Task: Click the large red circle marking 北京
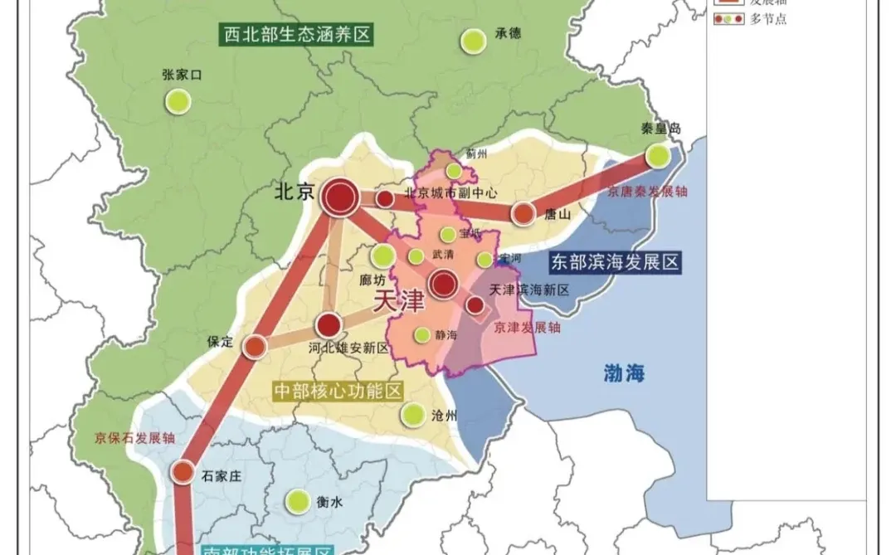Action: tap(339, 198)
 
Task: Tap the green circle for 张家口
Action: tap(178, 101)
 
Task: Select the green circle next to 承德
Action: tap(474, 41)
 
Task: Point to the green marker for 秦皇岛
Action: tap(659, 154)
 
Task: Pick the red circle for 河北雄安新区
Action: tap(329, 324)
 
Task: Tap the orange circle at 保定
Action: tap(255, 346)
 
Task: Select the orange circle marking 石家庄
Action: tap(183, 472)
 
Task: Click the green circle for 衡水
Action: tap(296, 501)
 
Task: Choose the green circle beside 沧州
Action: tap(413, 413)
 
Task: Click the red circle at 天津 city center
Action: tap(444, 285)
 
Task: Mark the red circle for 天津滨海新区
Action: tap(475, 305)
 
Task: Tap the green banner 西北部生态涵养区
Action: tap(297, 35)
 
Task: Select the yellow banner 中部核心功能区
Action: tap(337, 391)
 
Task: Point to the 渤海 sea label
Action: tap(624, 373)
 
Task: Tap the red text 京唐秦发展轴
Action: tap(648, 192)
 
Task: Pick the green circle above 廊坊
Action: tap(383, 256)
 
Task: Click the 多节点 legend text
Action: tap(768, 18)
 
